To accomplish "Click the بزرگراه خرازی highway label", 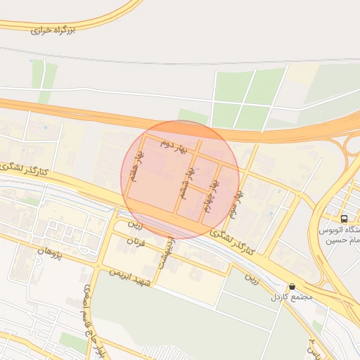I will [53, 30].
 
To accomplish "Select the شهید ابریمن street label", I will [131, 277].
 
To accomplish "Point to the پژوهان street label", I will [50, 251].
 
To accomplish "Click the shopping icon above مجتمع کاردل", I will [292, 287].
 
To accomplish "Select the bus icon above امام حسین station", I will [344, 218].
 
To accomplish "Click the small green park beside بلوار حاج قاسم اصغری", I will [72, 343].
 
